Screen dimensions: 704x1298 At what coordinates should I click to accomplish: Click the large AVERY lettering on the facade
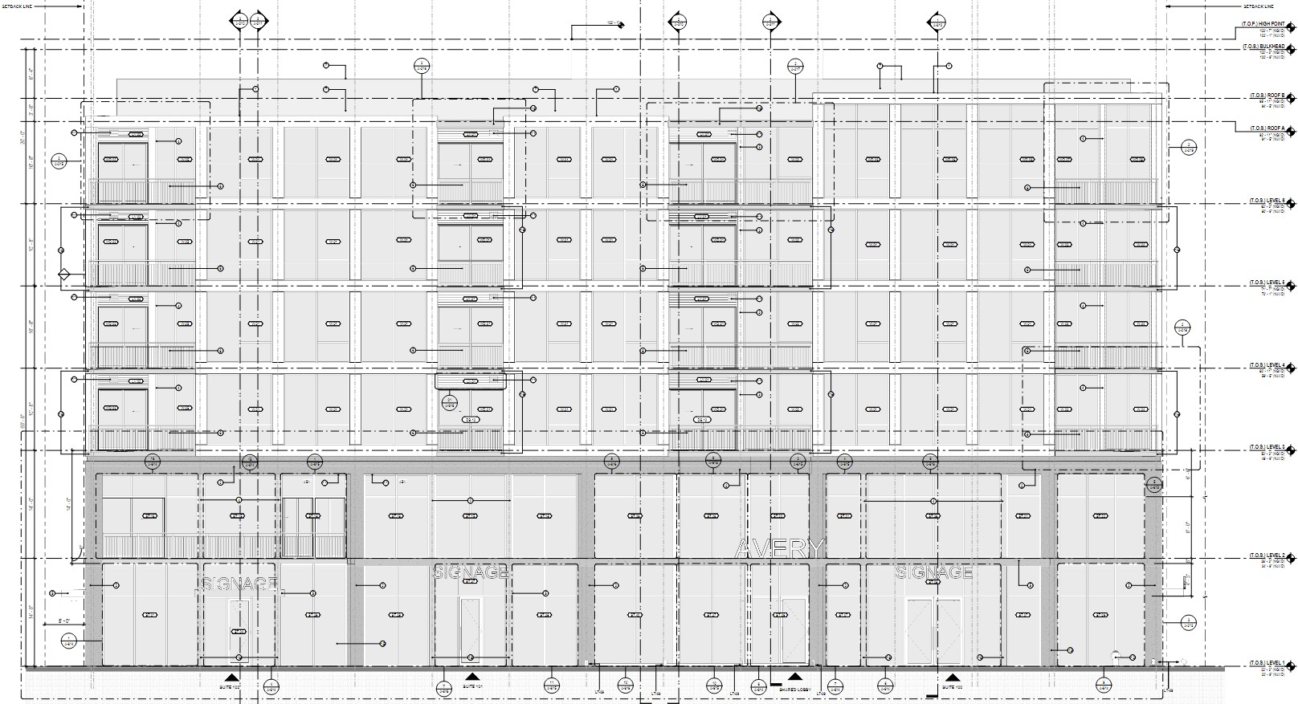[x=779, y=549]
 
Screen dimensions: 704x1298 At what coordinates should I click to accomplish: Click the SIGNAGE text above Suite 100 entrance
[x=933, y=572]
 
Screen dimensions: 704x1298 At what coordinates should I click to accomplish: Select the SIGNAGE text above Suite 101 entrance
[x=471, y=572]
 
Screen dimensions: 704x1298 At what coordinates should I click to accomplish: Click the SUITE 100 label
[x=953, y=688]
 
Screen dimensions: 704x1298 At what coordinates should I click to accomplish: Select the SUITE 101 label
[x=472, y=687]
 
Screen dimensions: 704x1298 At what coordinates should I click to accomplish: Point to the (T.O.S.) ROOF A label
[x=1267, y=128]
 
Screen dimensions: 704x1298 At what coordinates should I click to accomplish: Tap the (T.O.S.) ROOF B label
[x=1267, y=96]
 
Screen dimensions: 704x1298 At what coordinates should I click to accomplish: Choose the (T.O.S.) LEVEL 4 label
[x=1266, y=365]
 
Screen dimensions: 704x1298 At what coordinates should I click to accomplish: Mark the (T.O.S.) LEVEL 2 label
[x=1266, y=555]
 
